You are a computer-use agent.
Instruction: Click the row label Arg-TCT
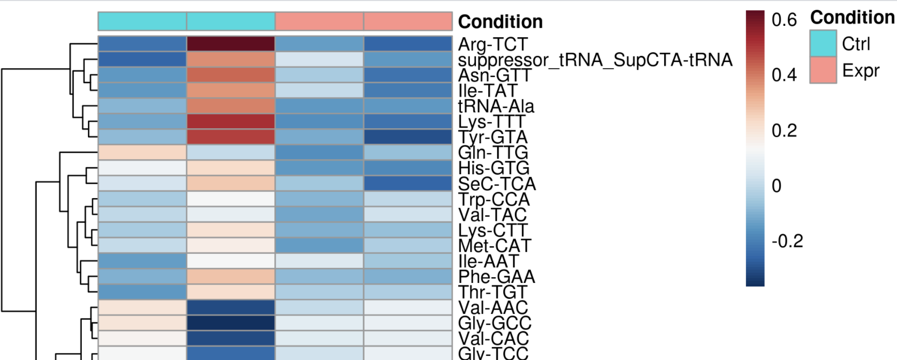[x=492, y=44]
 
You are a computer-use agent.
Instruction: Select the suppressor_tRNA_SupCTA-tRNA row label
[x=595, y=60]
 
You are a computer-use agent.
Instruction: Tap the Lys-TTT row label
[x=491, y=122]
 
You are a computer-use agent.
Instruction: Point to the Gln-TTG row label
[x=493, y=153]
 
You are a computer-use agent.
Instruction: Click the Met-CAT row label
[x=495, y=246]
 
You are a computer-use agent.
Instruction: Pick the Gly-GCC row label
[x=495, y=323]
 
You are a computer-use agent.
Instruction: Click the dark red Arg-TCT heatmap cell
[x=231, y=44]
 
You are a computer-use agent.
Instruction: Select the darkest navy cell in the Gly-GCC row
[x=231, y=323]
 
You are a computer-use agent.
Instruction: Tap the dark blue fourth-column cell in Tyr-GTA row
[x=408, y=137]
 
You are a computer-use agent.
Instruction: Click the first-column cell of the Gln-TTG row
[x=142, y=153]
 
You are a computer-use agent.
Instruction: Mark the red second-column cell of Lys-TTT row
[x=231, y=122]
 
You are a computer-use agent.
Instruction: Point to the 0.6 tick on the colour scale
[x=784, y=20]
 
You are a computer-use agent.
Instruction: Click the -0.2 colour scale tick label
[x=787, y=241]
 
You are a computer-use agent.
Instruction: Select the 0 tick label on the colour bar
[x=776, y=186]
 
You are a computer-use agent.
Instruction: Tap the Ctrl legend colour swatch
[x=823, y=43]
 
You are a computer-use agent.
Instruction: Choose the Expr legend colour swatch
[x=823, y=70]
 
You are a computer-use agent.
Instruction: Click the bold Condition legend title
[x=852, y=18]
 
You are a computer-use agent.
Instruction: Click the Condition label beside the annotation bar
[x=500, y=22]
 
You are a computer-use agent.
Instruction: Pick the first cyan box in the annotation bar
[x=142, y=22]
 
